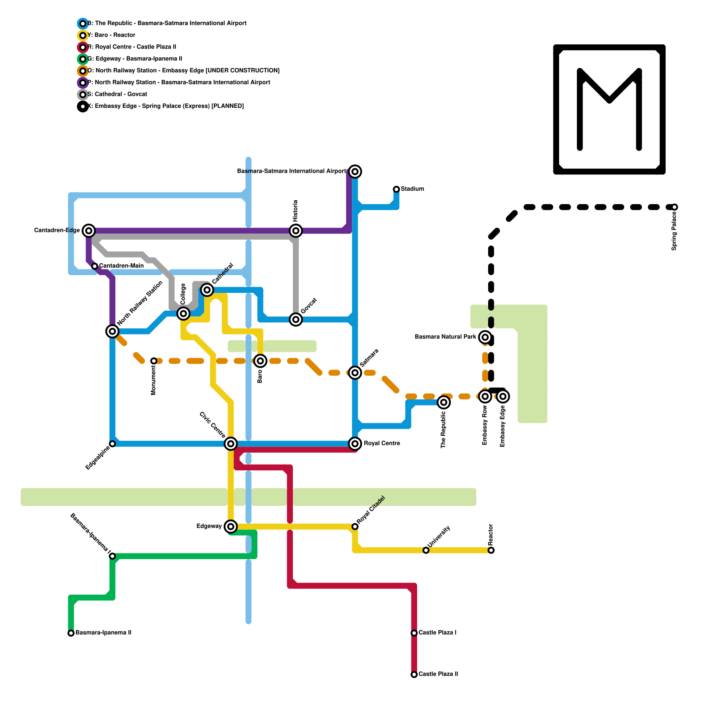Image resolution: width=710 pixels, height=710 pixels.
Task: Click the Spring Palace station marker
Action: pyautogui.click(x=674, y=207)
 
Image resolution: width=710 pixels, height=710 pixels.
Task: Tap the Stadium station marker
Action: pyautogui.click(x=396, y=189)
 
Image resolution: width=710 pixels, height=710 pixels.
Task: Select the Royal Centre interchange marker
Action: pyautogui.click(x=355, y=443)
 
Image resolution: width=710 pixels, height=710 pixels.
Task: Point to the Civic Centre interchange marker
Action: pyautogui.click(x=231, y=443)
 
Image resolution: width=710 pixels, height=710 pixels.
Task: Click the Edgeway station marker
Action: pyautogui.click(x=231, y=526)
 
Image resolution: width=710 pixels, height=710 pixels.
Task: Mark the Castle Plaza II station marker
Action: pyautogui.click(x=414, y=674)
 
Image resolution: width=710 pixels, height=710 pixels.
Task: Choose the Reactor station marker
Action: pyautogui.click(x=491, y=550)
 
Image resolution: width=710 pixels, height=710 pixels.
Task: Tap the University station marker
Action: pyautogui.click(x=426, y=550)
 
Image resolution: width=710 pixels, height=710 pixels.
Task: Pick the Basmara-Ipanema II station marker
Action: pyautogui.click(x=71, y=633)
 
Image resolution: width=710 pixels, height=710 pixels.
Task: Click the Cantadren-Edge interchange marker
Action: pyautogui.click(x=89, y=231)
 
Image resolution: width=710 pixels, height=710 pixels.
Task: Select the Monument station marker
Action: pyautogui.click(x=154, y=361)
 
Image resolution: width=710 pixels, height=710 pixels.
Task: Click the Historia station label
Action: pyautogui.click(x=296, y=211)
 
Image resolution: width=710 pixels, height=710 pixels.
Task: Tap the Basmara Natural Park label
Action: pyautogui.click(x=446, y=337)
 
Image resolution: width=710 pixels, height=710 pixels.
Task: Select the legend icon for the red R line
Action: pyautogui.click(x=83, y=47)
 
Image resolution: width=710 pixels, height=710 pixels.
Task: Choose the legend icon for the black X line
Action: pyautogui.click(x=83, y=106)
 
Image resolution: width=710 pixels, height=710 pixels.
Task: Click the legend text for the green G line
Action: pyautogui.click(x=135, y=59)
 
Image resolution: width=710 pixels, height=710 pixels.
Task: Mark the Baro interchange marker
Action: pyautogui.click(x=260, y=361)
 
